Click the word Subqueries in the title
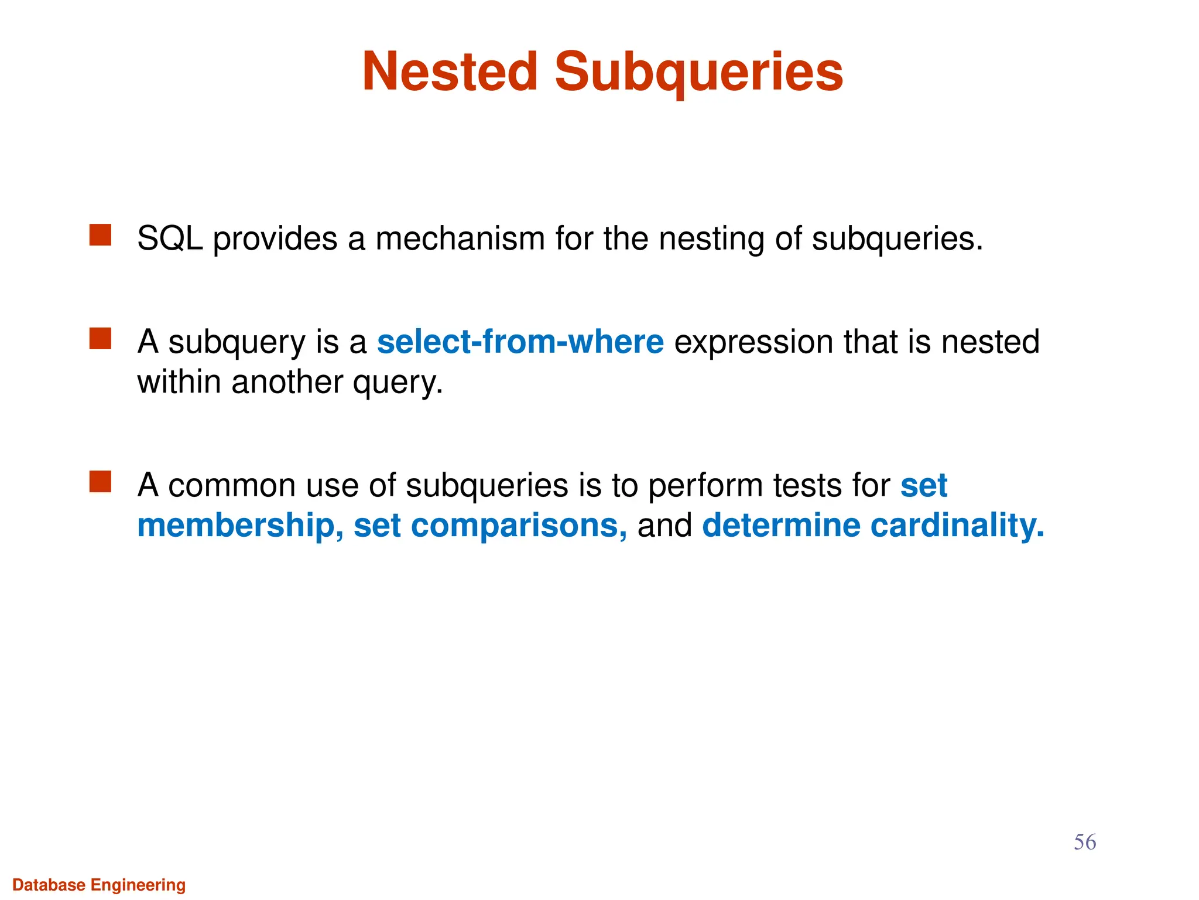(698, 73)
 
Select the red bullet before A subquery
(100, 338)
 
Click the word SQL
(170, 239)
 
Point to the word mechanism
(460, 239)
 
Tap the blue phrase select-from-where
(520, 342)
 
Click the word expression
(753, 343)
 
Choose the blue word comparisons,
(519, 526)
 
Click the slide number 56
(1084, 843)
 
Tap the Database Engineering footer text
(99, 885)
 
